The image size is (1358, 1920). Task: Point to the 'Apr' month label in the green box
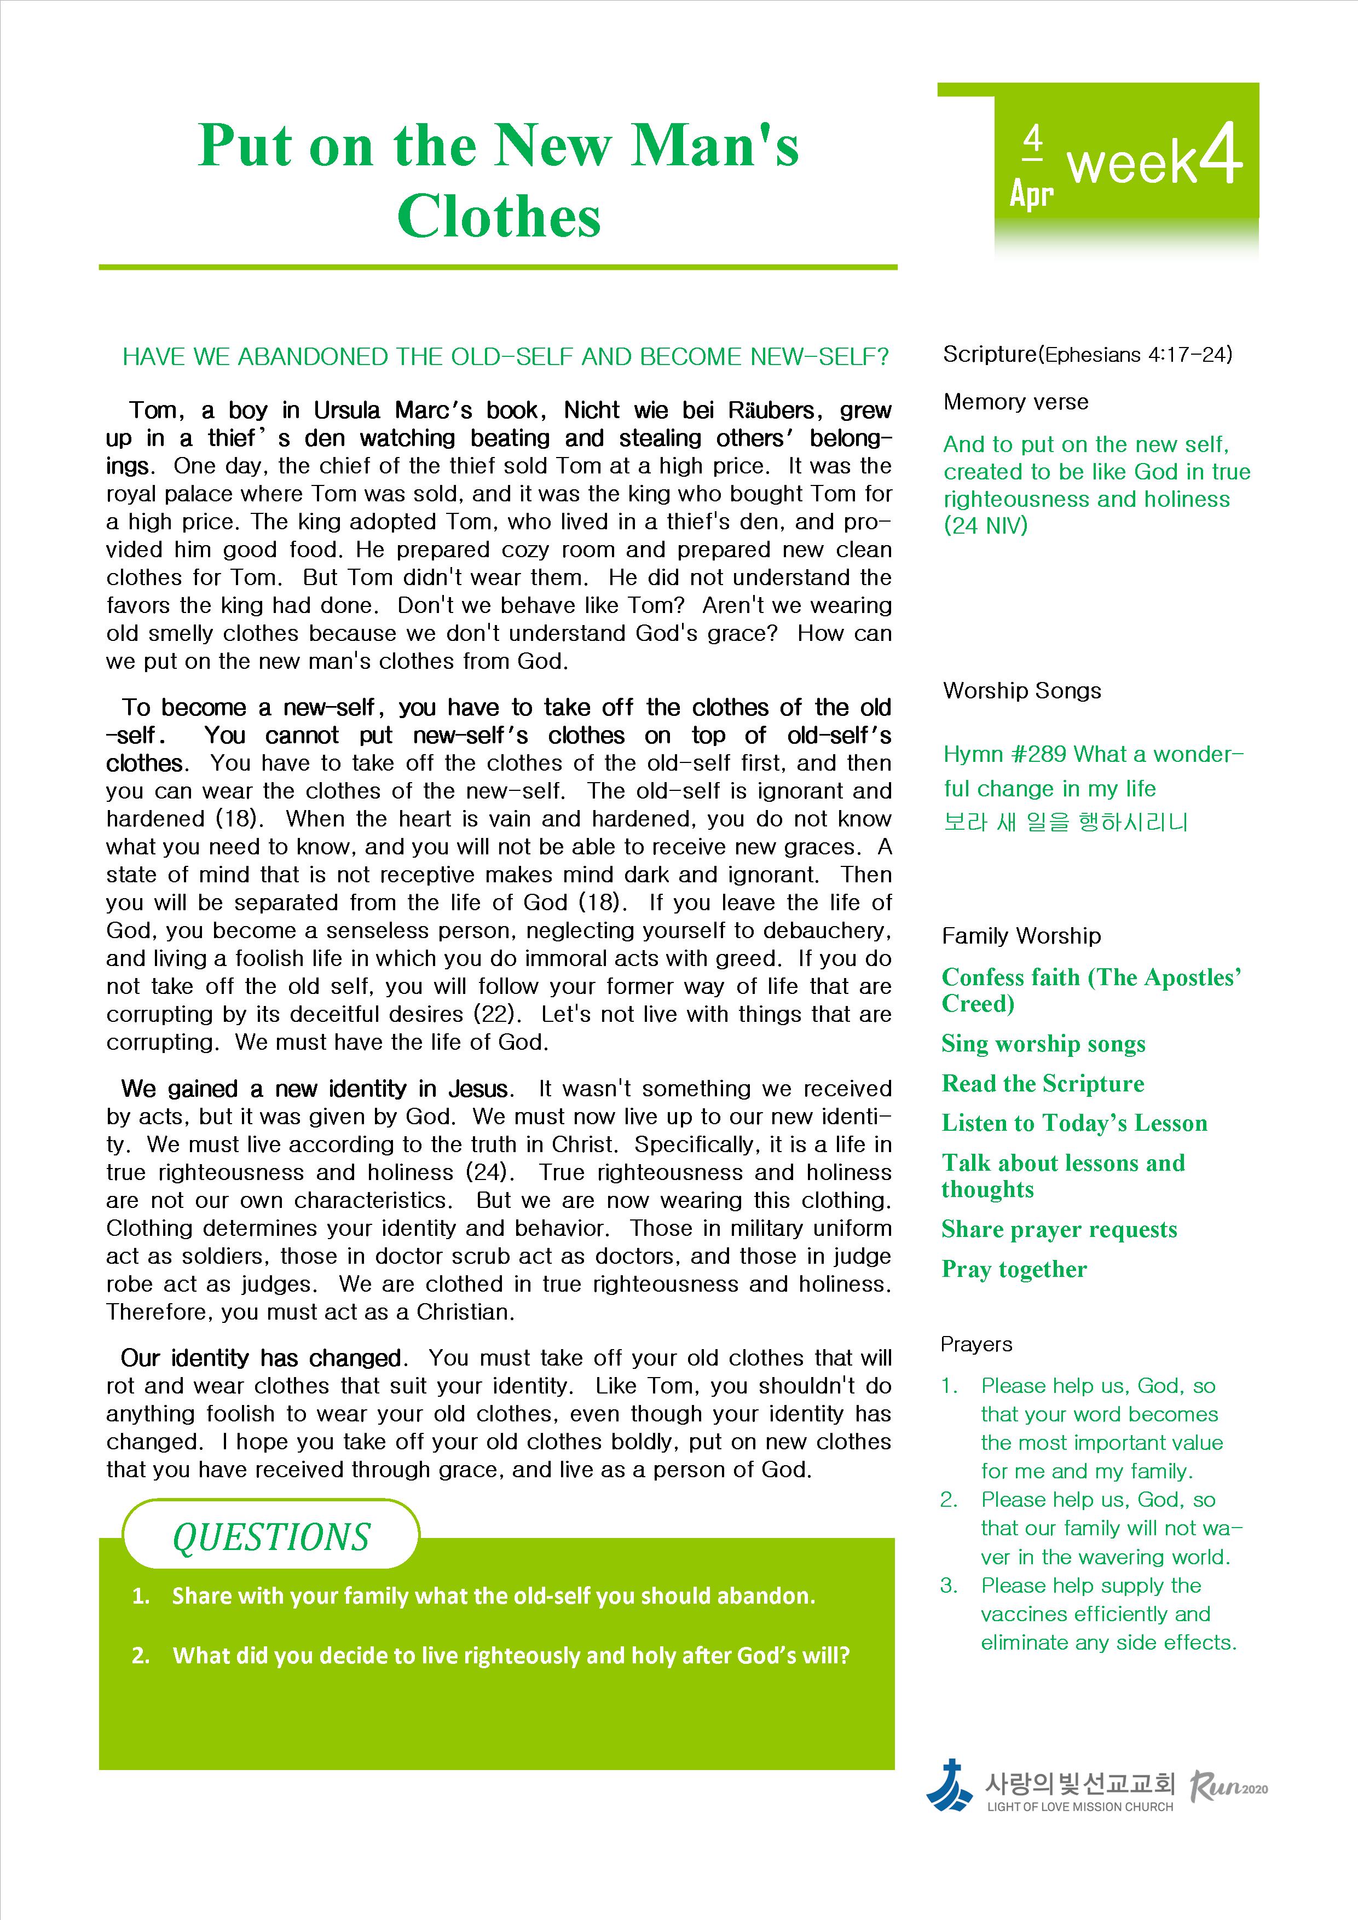1031,194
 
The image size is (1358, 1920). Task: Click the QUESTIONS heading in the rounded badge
271,1537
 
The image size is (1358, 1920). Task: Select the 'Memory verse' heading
1015,402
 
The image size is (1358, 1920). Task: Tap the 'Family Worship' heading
1021,936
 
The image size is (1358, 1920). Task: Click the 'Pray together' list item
1014,1269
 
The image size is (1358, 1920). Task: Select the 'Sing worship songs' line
1043,1044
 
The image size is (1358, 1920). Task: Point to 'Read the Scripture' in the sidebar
1043,1084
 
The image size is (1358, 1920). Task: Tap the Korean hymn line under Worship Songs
1065,823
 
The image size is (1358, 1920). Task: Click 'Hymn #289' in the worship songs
1004,754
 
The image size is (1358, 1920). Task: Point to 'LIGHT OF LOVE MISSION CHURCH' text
1079,1806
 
